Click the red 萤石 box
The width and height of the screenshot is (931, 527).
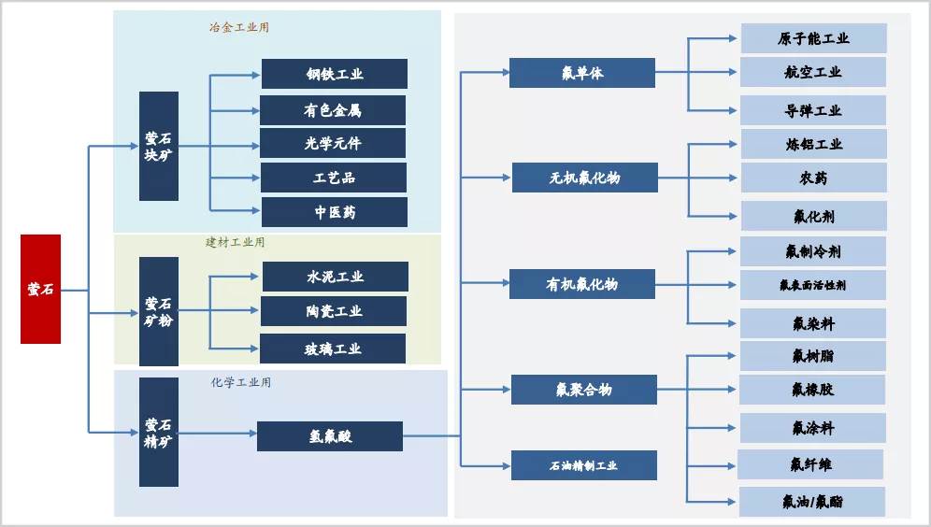pyautogui.click(x=40, y=289)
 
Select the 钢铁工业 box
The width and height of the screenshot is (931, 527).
pyautogui.click(x=335, y=74)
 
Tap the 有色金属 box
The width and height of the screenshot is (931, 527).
pyautogui.click(x=333, y=110)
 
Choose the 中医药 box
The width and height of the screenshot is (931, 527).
pyautogui.click(x=335, y=212)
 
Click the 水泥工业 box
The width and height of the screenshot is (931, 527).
pyautogui.click(x=335, y=277)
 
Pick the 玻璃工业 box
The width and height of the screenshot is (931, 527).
pyautogui.click(x=333, y=349)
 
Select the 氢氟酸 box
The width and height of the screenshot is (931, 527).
pyautogui.click(x=330, y=436)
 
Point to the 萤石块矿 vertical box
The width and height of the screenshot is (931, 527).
pyautogui.click(x=159, y=146)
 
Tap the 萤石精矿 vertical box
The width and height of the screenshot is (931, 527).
pyautogui.click(x=159, y=432)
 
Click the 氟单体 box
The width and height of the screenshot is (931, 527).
pyautogui.click(x=581, y=73)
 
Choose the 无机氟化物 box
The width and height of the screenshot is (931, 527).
pyautogui.click(x=584, y=178)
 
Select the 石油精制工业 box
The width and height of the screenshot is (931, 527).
pyautogui.click(x=583, y=465)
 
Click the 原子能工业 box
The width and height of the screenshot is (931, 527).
pyautogui.click(x=813, y=38)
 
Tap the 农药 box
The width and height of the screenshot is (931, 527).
pyautogui.click(x=813, y=178)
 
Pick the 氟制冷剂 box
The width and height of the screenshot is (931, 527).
pyautogui.click(x=813, y=251)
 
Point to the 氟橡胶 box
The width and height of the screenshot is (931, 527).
pyautogui.click(x=813, y=390)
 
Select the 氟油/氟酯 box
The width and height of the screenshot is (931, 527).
pyautogui.click(x=812, y=502)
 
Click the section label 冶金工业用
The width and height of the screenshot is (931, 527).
pyautogui.click(x=239, y=27)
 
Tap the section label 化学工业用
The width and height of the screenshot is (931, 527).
pyautogui.click(x=241, y=382)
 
